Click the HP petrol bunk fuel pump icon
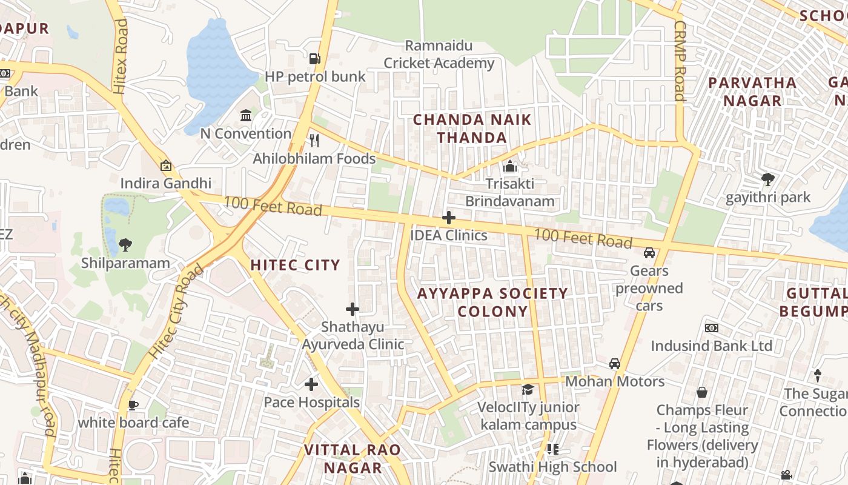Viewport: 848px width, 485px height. point(314,58)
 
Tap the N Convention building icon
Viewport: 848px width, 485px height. point(246,115)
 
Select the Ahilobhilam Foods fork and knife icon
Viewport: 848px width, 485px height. point(314,141)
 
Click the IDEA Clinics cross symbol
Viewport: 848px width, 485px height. point(449,218)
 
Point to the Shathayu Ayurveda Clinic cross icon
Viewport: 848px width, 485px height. point(353,309)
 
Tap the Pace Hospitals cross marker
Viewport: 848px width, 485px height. point(311,384)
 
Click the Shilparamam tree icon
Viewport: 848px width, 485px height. point(125,245)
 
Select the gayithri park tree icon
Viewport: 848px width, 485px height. point(768,179)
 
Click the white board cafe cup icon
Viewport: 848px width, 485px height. point(133,405)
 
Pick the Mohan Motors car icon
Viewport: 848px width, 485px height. point(615,364)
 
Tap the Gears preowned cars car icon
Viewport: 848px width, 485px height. point(649,253)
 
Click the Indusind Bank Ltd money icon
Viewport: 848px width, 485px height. point(712,328)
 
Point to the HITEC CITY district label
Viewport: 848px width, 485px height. point(295,265)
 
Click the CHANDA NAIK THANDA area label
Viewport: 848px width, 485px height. point(472,129)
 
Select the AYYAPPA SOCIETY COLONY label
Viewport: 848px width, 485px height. point(492,302)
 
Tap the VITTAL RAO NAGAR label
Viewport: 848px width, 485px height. point(353,458)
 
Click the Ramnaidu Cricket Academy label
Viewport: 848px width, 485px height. point(439,55)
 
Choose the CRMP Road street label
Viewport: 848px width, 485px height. point(680,61)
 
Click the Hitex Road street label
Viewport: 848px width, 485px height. point(121,56)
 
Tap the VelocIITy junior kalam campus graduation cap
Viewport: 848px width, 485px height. point(528,389)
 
